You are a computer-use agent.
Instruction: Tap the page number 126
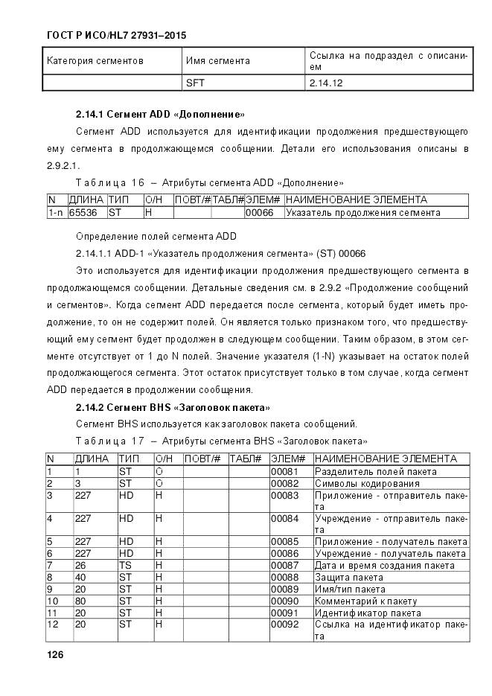tap(55, 654)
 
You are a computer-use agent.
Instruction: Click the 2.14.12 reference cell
tap(325, 83)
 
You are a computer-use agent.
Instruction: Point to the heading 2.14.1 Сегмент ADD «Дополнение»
tap(160, 115)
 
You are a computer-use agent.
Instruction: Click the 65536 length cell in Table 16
tap(82, 213)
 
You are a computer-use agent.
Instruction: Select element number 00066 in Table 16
tap(259, 213)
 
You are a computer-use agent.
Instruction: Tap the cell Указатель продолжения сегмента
tap(362, 213)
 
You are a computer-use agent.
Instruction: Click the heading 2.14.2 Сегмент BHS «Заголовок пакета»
tap(173, 408)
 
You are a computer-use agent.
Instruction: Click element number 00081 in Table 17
tap(284, 471)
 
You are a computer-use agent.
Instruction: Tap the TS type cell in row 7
tap(125, 566)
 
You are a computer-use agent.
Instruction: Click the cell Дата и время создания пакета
tap(384, 566)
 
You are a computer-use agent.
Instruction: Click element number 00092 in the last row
tap(284, 624)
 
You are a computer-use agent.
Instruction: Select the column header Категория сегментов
tap(95, 60)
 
